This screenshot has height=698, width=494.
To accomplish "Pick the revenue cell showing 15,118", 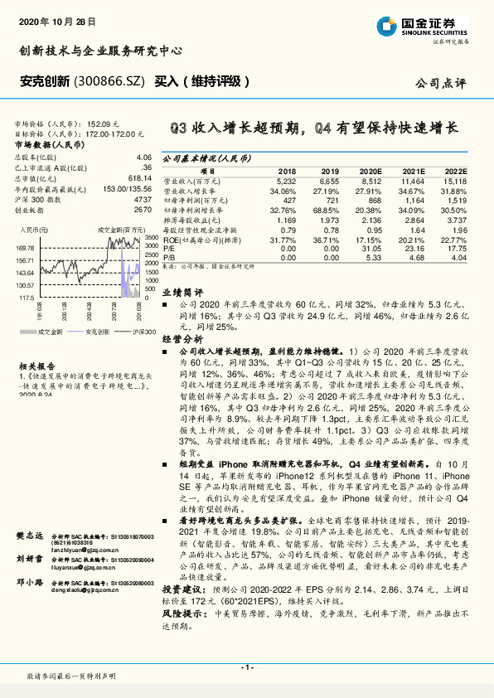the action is coord(453,180).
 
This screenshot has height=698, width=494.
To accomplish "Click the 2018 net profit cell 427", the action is coord(286,200).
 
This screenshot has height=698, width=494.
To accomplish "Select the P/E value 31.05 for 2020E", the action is coord(370,248).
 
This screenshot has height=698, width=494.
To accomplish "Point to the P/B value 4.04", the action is coord(458,258).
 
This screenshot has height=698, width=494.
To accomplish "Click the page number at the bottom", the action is coord(247,667).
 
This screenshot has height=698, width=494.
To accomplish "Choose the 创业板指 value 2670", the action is coord(143,210).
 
